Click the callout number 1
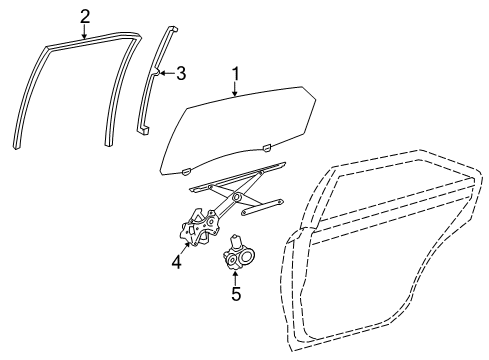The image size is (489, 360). click(236, 74)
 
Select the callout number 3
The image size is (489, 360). click(181, 72)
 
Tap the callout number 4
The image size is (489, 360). click(176, 264)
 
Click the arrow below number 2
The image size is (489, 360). click(85, 30)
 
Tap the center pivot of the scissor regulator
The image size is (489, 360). click(237, 198)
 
